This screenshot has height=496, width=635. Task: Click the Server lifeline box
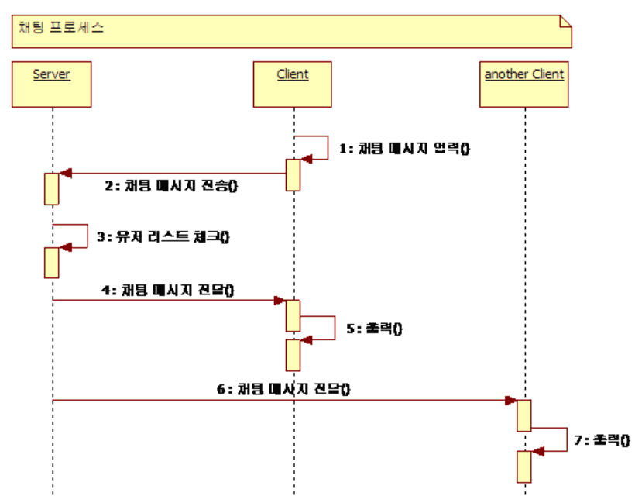(x=52, y=84)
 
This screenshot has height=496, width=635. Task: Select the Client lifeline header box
(x=293, y=84)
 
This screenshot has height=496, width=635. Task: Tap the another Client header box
(x=524, y=84)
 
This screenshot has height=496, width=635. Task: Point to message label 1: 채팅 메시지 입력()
(x=404, y=149)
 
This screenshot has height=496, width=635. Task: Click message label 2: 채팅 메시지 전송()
(x=171, y=185)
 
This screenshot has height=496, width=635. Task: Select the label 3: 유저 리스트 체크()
(x=163, y=237)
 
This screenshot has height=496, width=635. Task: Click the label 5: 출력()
(x=374, y=329)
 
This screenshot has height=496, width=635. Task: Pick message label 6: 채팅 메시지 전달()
(x=283, y=388)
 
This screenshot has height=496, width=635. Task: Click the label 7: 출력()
(x=602, y=439)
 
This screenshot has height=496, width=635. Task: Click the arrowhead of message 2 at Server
(x=66, y=174)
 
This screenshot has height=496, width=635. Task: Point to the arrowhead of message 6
(x=511, y=401)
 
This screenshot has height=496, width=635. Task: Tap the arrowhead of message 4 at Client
(x=280, y=300)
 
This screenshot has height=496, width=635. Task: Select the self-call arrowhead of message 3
(x=66, y=246)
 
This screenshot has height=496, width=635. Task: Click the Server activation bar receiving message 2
(x=52, y=188)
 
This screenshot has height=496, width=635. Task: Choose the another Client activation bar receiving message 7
(x=524, y=465)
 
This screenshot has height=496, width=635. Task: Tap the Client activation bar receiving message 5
(x=293, y=354)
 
